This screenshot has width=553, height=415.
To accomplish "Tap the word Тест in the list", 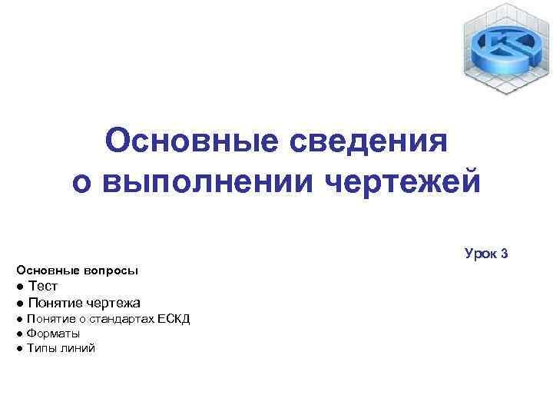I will point(43,286).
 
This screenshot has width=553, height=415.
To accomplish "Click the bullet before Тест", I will point(19,287).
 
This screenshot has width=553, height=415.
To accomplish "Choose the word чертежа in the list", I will point(112,302).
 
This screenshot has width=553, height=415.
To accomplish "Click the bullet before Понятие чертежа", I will point(19,303).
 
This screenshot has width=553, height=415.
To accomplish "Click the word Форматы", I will point(53,333).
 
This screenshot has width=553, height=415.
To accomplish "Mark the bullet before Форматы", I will point(18,334).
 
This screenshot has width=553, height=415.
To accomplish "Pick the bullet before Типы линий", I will point(18,349).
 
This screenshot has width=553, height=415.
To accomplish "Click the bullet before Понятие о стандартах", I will point(18,319).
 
